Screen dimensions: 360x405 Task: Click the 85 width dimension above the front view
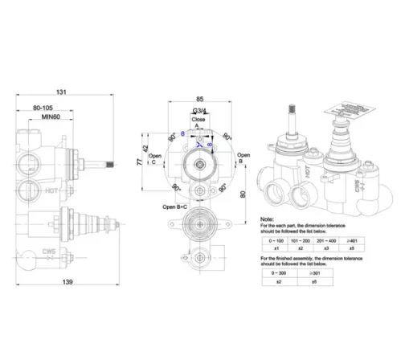click(198, 100)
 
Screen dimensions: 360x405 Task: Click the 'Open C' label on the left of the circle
click(152, 162)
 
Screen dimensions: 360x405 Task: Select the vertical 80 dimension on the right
click(242, 194)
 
